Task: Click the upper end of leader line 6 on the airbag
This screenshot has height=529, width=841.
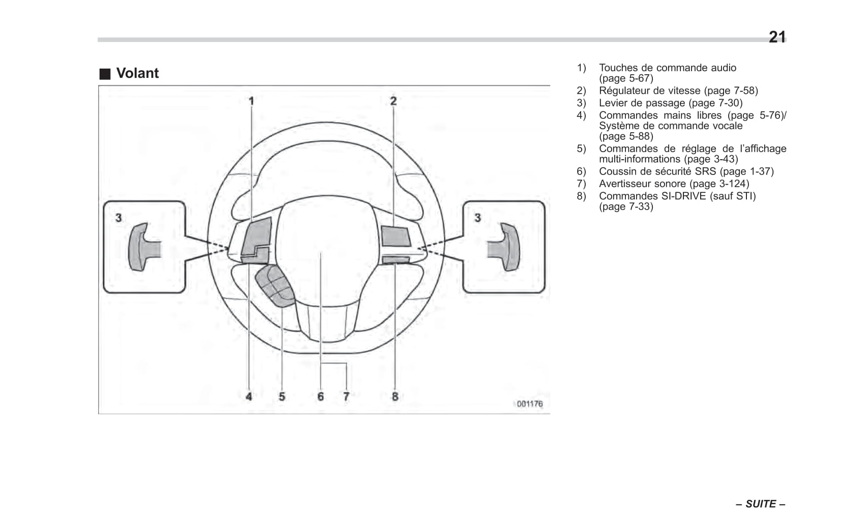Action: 321,252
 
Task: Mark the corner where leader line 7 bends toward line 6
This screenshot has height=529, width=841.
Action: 346,363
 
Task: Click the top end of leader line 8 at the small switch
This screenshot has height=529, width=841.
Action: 395,263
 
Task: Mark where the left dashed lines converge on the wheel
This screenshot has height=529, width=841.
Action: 229,248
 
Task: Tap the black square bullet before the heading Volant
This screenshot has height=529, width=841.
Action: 105,74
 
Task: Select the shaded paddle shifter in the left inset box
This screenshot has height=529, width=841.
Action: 144,247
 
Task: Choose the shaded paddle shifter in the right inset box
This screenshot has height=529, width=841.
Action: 504,247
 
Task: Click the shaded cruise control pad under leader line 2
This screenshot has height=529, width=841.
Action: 396,236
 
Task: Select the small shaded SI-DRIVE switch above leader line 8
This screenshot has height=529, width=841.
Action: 396,260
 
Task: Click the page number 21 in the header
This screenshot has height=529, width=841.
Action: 777,37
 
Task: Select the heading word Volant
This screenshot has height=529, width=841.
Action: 137,73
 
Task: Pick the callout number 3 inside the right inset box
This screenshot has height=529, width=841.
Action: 477,218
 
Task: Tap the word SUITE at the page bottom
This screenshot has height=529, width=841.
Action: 761,504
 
